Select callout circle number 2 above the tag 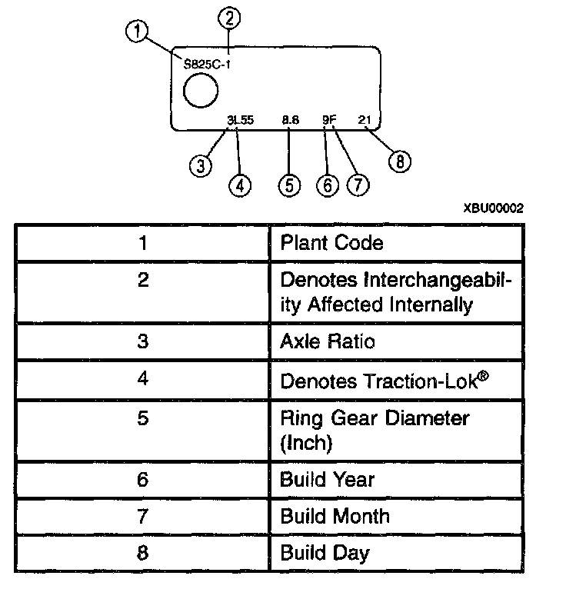pos(229,16)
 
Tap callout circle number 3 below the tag pos(201,165)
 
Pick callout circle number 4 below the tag pos(241,185)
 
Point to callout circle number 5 pos(289,185)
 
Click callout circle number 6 pos(328,185)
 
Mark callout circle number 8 pos(400,161)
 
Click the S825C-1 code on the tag pos(208,65)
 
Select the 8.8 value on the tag pos(291,120)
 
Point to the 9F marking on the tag pos(329,120)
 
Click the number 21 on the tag pos(365,120)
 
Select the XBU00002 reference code pos(492,208)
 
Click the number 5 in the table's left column pos(142,419)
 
